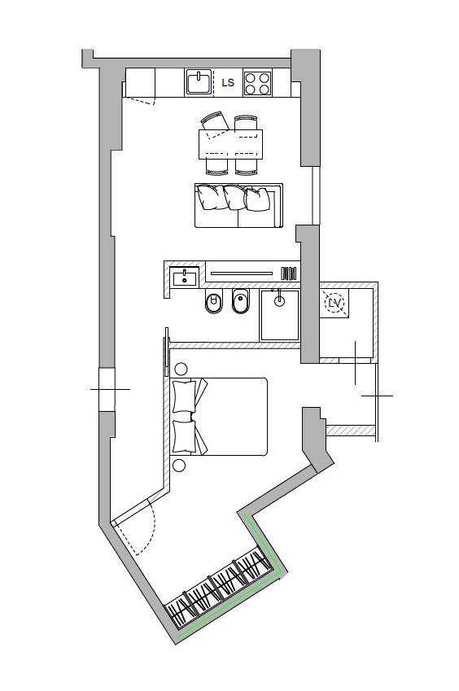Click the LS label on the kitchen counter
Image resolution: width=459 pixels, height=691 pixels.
[x=228, y=82]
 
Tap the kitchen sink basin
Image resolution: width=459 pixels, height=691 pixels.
[x=199, y=82]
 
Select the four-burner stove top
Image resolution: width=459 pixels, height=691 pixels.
[x=257, y=83]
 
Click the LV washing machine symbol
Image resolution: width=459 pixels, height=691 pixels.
[x=334, y=303]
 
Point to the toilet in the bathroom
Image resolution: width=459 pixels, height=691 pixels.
[x=214, y=301]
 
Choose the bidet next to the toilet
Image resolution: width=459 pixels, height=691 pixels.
[x=240, y=301]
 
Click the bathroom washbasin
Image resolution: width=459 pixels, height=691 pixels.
[x=185, y=278]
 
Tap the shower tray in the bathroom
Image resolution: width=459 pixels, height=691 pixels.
[x=280, y=315]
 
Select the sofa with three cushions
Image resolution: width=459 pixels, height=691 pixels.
[x=238, y=206]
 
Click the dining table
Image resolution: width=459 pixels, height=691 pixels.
[x=230, y=144]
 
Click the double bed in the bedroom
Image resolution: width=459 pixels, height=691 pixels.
[x=220, y=417]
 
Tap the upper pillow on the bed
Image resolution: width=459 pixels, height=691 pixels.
[x=184, y=396]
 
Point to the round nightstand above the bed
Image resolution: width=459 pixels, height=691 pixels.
[x=181, y=369]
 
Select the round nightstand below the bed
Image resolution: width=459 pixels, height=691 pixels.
[x=179, y=466]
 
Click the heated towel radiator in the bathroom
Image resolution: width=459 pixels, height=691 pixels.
[x=289, y=273]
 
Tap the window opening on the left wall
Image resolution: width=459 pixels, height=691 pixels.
[x=107, y=390]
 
